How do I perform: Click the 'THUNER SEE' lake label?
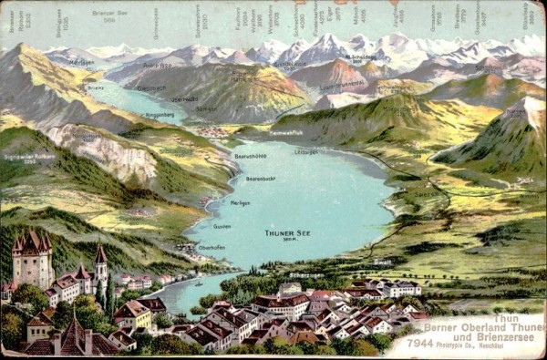287,233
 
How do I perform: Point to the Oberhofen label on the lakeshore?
212,247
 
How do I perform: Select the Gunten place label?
222,225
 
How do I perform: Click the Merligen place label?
240,203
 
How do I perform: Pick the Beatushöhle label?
250,156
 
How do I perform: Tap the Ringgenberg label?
159,116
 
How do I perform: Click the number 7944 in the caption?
420,343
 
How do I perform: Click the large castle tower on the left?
33,260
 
